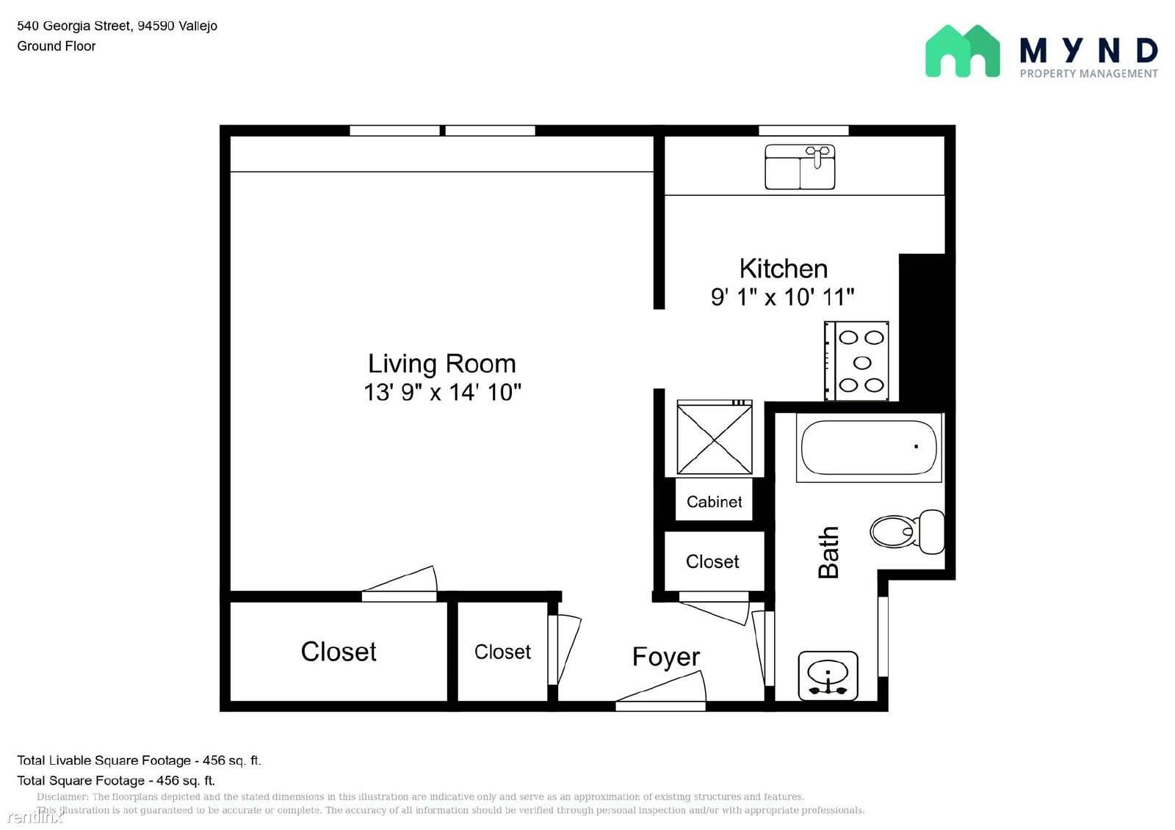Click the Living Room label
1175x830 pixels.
click(x=441, y=364)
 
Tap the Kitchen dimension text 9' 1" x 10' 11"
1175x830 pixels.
click(x=782, y=297)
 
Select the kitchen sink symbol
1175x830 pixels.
click(x=800, y=167)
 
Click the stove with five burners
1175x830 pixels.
click(x=857, y=362)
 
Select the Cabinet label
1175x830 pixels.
click(x=714, y=502)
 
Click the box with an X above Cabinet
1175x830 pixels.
click(x=715, y=438)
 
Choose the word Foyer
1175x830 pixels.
click(x=665, y=657)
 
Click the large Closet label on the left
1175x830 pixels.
click(x=339, y=652)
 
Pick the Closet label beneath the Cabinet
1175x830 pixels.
click(x=712, y=562)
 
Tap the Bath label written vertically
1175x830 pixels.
click(x=828, y=552)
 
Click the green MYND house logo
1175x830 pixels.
click(x=962, y=51)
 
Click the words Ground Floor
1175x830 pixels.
click(x=57, y=46)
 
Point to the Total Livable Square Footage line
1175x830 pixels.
click(x=139, y=760)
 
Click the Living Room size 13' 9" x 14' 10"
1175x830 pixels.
click(x=442, y=393)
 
